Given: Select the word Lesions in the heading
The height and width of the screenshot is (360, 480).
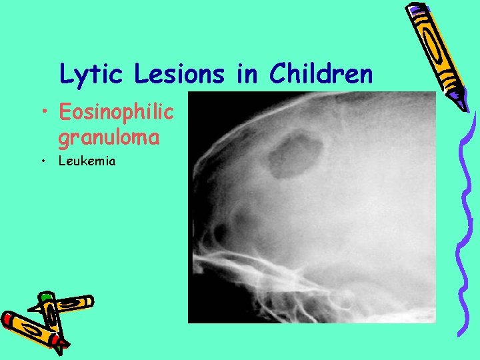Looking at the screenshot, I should pyautogui.click(x=179, y=74).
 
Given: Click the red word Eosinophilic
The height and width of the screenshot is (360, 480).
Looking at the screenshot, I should pyautogui.click(x=115, y=113).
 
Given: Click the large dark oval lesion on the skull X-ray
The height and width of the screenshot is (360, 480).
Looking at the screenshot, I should pyautogui.click(x=294, y=155).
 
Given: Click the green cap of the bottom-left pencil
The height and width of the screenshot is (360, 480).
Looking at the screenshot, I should pyautogui.click(x=45, y=296).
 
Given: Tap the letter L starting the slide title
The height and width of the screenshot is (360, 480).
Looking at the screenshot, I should pyautogui.click(x=65, y=74).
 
